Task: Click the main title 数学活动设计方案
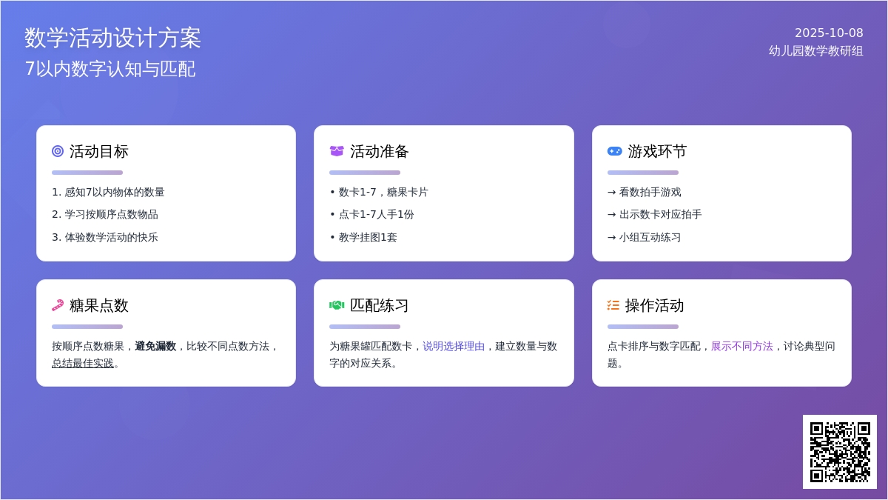[112, 38]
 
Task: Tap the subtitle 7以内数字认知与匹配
[110, 69]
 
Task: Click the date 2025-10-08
[829, 33]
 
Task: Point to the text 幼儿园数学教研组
[815, 51]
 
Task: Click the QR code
[840, 452]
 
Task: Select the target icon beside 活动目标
[58, 151]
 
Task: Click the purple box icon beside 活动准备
[337, 151]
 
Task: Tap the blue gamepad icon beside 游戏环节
[614, 151]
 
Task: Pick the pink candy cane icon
[58, 305]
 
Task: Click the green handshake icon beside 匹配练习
[337, 305]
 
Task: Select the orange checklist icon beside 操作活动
[613, 305]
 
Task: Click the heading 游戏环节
[657, 151]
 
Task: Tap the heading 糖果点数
[98, 305]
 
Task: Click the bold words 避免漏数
[155, 346]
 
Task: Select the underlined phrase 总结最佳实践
[83, 363]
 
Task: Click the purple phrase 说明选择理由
[454, 346]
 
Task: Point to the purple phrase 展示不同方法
[741, 346]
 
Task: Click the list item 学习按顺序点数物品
[105, 214]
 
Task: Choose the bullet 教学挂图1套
[363, 237]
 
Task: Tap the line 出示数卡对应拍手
[654, 214]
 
